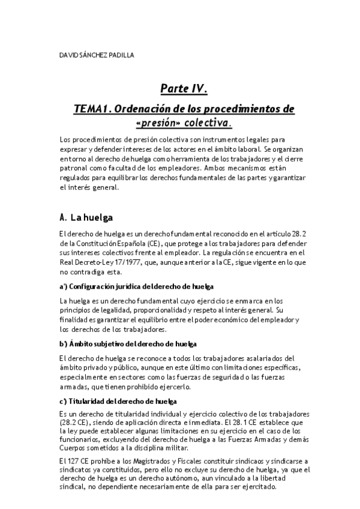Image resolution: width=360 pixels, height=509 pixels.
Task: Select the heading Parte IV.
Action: pyautogui.click(x=184, y=89)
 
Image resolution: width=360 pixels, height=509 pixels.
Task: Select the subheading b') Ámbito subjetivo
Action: pyautogui.click(x=128, y=343)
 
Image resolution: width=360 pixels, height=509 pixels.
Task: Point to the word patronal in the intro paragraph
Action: pyautogui.click(x=75, y=168)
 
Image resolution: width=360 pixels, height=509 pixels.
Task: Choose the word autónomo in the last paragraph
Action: pyautogui.click(x=187, y=478)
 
